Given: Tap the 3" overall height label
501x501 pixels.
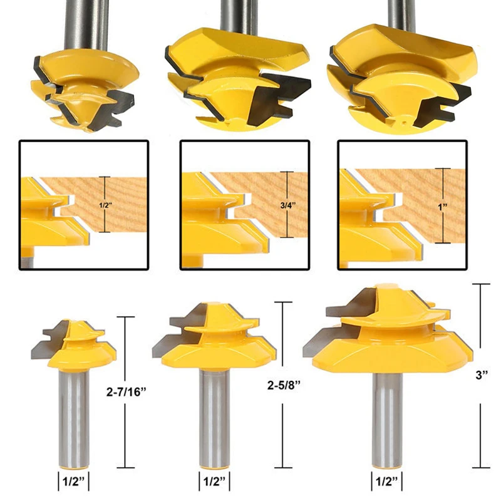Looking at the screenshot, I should (480, 375).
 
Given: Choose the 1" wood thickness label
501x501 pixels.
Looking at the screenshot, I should (445, 205).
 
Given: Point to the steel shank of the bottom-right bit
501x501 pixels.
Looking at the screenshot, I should (385, 420).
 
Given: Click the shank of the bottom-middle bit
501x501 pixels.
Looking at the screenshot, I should (213, 420).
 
